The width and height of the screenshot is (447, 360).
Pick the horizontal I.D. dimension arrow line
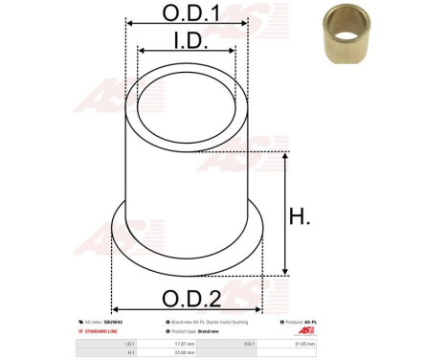coord(187,51)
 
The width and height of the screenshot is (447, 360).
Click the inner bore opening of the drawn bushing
coord(187,108)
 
